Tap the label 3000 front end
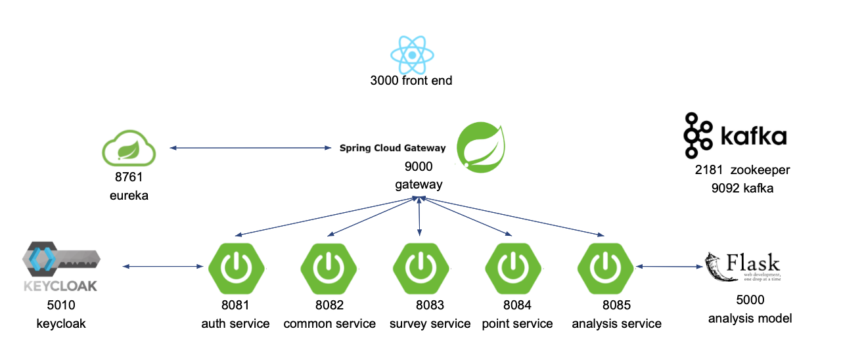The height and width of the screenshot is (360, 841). point(411,81)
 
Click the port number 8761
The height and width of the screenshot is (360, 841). point(129,177)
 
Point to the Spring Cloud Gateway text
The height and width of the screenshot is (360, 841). point(392,148)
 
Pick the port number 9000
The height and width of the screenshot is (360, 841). point(419,168)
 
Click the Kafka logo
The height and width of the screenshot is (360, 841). point(735,136)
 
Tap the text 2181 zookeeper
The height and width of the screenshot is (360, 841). point(742,170)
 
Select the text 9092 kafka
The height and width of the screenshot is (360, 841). point(742,188)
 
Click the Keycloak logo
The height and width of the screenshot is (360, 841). point(61,267)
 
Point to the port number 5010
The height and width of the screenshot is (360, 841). point(61,305)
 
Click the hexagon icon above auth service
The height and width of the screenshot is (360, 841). point(236,267)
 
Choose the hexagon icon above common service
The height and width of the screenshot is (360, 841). point(329,267)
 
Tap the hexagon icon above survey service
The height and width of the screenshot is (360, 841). point(420,267)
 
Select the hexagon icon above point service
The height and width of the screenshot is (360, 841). point(512,267)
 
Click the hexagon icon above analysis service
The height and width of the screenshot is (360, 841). point(605,267)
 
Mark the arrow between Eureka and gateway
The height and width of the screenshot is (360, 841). point(250,148)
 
